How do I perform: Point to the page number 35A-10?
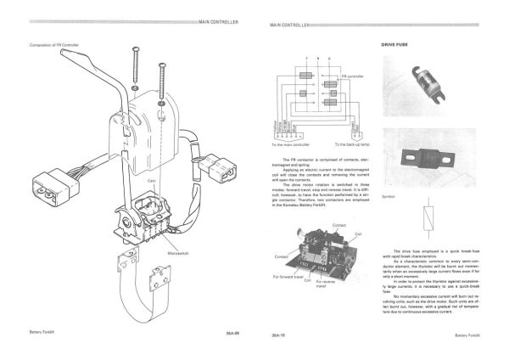277,336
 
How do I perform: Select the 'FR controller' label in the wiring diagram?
352,76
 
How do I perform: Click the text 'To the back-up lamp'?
353,144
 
